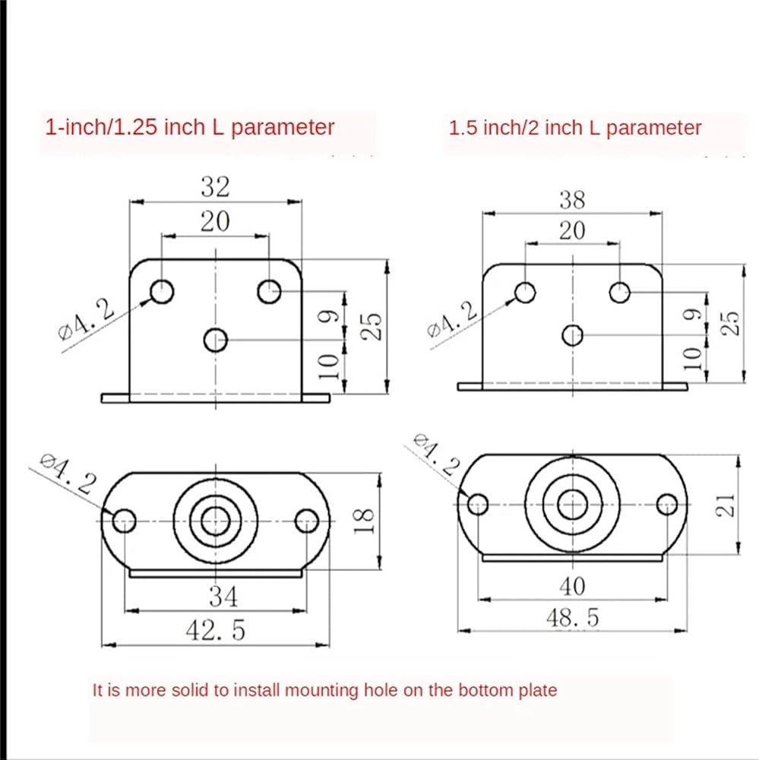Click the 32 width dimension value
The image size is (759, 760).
coord(215,186)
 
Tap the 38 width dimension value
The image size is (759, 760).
coord(572,200)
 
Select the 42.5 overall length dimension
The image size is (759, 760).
coord(216,630)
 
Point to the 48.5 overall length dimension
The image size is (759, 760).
coord(572,617)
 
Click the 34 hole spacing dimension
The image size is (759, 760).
coord(223,597)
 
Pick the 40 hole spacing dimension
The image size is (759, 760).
coord(572,587)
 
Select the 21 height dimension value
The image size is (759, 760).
coord(726,505)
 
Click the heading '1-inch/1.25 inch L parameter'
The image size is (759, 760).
coord(189,128)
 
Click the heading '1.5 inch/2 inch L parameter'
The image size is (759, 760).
coord(575,128)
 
